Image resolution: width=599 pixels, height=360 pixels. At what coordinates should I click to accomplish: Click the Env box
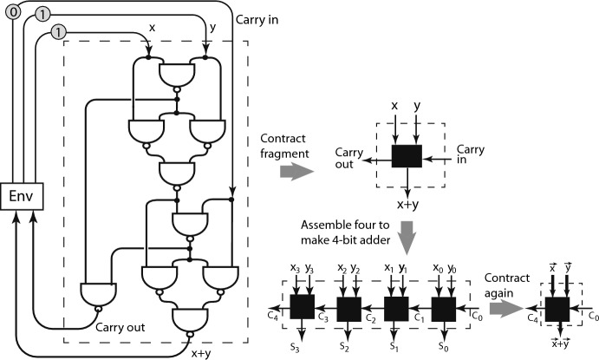[22, 196]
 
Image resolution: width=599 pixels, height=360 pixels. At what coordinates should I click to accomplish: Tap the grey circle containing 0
[13, 12]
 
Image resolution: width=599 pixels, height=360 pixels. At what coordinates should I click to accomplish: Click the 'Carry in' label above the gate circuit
[257, 19]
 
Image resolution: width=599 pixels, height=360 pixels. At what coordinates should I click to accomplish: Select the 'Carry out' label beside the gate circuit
[120, 328]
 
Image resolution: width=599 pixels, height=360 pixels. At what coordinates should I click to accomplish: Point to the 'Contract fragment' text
[284, 146]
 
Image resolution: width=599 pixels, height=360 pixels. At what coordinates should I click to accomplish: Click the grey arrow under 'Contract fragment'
[296, 172]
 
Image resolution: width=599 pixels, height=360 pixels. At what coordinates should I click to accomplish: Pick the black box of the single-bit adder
[407, 156]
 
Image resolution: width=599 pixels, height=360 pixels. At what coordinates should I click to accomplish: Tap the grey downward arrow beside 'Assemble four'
[407, 238]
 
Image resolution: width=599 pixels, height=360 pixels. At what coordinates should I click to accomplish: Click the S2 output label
[344, 346]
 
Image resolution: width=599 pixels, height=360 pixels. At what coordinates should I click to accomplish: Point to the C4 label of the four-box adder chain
[273, 317]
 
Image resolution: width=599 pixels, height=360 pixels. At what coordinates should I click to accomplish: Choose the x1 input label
[388, 268]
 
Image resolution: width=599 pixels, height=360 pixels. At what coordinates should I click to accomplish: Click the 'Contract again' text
[506, 285]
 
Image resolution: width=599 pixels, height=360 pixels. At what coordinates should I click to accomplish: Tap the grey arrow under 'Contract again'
[505, 309]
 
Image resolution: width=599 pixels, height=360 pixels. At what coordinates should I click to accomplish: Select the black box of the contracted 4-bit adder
[557, 309]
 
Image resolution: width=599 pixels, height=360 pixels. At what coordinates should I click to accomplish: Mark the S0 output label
[443, 346]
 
